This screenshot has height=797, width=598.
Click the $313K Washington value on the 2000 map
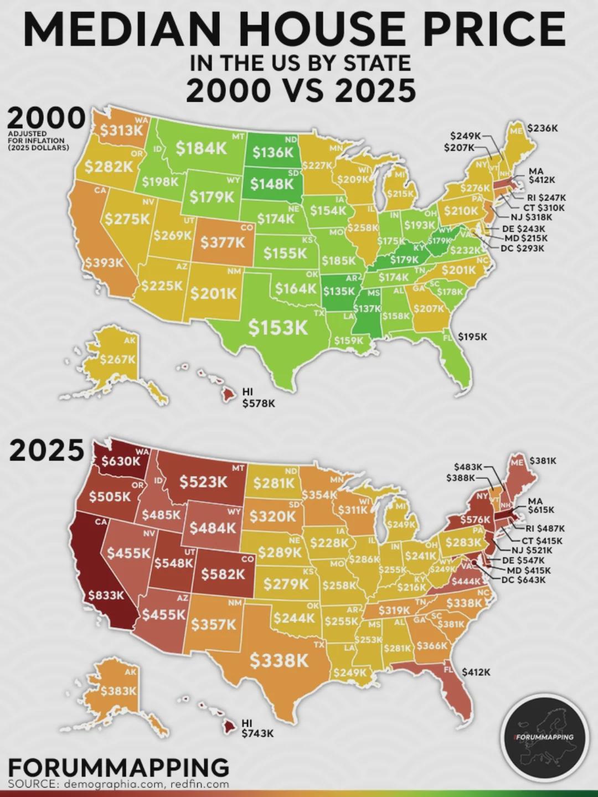tap(121, 131)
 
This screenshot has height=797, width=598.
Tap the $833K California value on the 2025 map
tap(106, 596)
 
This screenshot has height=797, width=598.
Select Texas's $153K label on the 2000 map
tap(278, 328)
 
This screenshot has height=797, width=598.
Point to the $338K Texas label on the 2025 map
tap(279, 660)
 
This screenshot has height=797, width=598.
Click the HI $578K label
tap(258, 398)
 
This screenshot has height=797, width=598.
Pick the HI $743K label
tap(258, 728)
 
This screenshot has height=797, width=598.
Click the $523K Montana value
tap(203, 482)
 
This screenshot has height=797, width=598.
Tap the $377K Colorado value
tap(222, 242)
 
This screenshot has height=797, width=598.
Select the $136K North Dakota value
tap(272, 152)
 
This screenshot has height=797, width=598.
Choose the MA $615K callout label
tap(541, 505)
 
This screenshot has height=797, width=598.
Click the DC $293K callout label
tap(522, 248)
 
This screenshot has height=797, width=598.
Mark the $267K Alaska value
tap(117, 360)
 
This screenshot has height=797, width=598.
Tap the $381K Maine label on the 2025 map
tap(543, 460)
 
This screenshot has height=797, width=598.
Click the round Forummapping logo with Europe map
tap(544, 736)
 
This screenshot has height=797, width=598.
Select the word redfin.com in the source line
tap(200, 784)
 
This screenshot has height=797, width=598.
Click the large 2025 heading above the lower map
tap(47, 451)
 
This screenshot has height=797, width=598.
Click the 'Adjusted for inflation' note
tap(39, 141)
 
